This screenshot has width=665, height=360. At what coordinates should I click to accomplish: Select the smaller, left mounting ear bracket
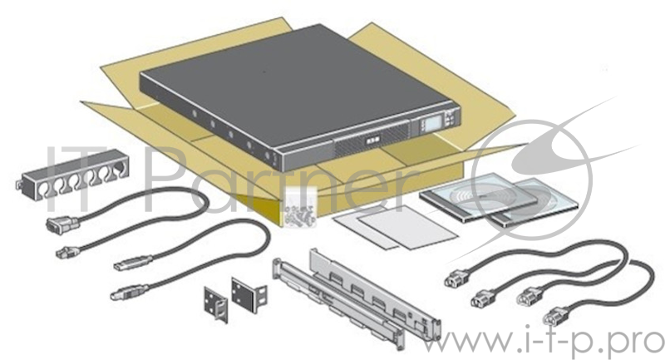click(x=215, y=304)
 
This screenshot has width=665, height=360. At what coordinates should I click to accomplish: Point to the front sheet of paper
click(x=408, y=229)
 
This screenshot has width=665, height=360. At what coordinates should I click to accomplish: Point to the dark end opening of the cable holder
click(x=119, y=166)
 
